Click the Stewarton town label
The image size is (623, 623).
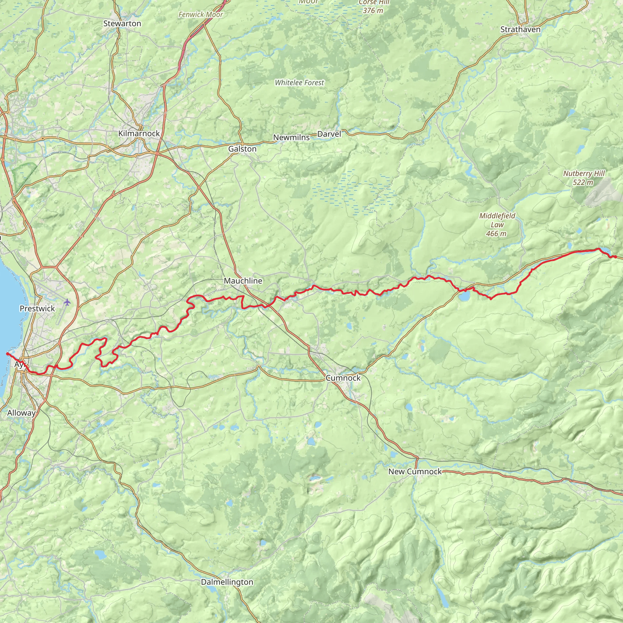click(122, 23)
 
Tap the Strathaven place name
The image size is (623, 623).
click(520, 29)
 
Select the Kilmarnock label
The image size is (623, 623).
click(139, 133)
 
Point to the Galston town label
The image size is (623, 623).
click(242, 149)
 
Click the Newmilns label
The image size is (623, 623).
click(291, 137)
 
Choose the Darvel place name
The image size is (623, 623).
click(329, 134)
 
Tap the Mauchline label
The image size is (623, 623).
click(243, 280)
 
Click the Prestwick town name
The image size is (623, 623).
click(37, 308)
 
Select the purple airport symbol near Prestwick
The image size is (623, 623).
click(67, 302)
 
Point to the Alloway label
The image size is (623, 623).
click(21, 413)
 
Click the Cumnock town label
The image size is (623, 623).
click(343, 378)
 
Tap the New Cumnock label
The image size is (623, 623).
click(415, 471)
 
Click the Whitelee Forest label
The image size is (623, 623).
click(299, 82)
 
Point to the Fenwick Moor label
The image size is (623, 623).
click(200, 15)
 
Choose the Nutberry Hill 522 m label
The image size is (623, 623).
click(584, 178)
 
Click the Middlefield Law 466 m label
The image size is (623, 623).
click(497, 224)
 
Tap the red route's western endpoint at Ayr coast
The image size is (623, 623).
click(7, 353)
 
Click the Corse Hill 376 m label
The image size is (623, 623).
click(374, 6)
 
